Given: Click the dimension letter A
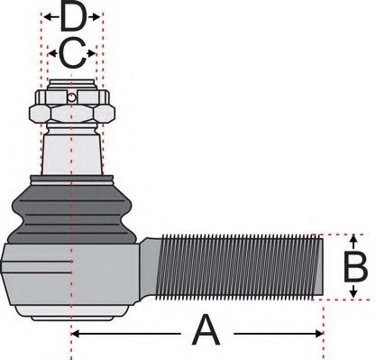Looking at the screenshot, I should point(206,333).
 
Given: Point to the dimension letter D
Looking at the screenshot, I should point(72,17).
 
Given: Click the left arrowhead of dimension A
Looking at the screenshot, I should point(75,334).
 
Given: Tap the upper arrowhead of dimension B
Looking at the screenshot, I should point(354,239).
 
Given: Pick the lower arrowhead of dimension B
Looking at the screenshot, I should point(354,295).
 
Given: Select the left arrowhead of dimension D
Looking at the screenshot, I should point(46,17).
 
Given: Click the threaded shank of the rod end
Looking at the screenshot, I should point(239,267).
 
